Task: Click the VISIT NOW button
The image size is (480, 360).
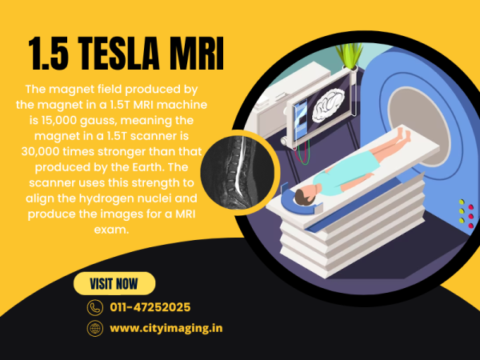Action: [x=114, y=283]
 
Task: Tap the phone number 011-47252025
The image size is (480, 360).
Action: [x=150, y=307]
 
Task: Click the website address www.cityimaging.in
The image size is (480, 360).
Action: [x=166, y=329]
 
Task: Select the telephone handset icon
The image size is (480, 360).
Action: [x=95, y=307]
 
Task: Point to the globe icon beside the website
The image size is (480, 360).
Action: [x=95, y=329]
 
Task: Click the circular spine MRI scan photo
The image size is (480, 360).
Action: [x=238, y=172]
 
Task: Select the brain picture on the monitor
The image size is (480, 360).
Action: [x=327, y=106]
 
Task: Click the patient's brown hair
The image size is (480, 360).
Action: [x=304, y=197]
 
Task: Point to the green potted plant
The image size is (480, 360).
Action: [x=350, y=55]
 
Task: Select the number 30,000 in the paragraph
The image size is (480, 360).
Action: [x=39, y=151]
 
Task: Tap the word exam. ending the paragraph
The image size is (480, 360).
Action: [x=111, y=230]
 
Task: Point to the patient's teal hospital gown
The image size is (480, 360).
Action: [x=344, y=173]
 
